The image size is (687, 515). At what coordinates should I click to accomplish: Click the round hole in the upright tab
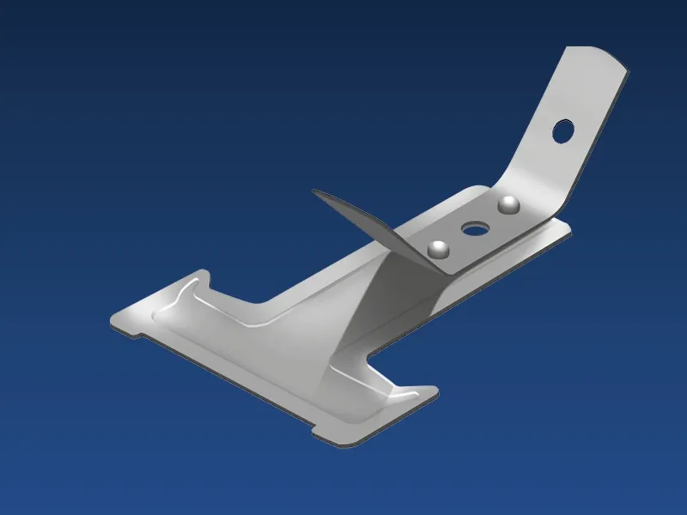(x=563, y=130)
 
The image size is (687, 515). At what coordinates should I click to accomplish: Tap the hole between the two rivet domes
(x=473, y=229)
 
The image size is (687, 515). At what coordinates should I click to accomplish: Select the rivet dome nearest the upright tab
(x=509, y=204)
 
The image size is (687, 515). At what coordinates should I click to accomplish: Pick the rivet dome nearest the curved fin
(x=439, y=249)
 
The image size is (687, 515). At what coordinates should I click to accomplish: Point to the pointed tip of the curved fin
(x=314, y=192)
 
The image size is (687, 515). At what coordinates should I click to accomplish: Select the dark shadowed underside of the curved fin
(x=361, y=219)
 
